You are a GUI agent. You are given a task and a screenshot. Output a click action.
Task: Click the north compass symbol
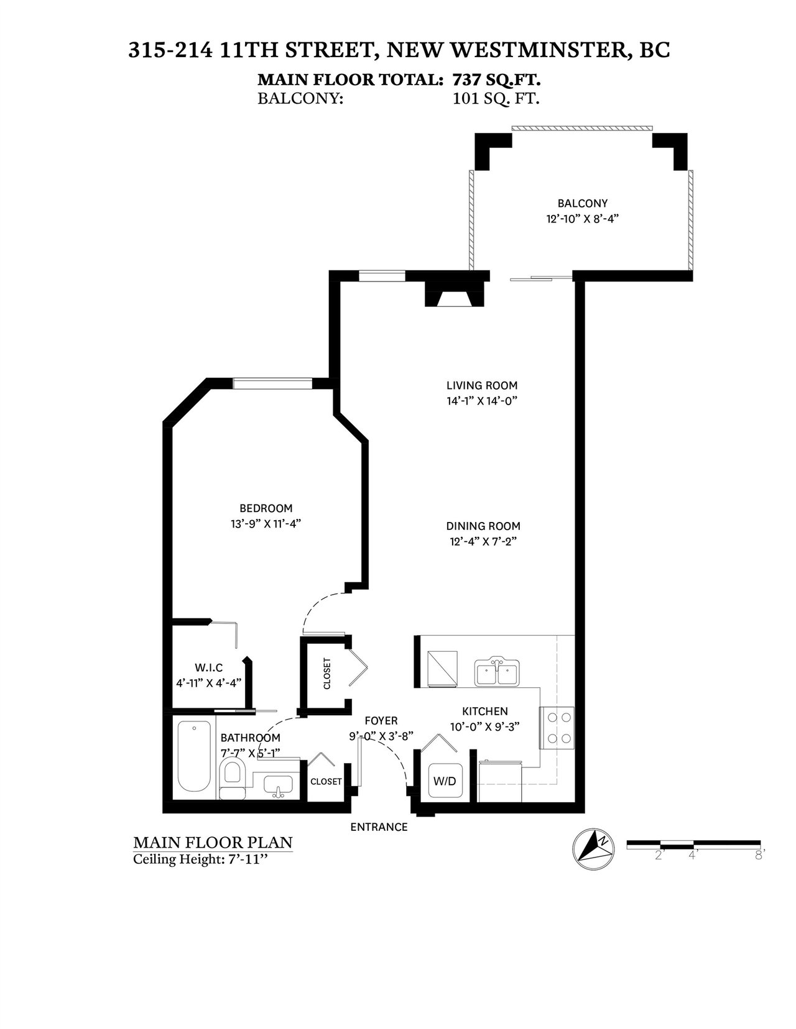pyautogui.click(x=593, y=849)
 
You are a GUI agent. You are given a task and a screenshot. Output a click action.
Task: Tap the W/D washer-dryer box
pyautogui.click(x=445, y=781)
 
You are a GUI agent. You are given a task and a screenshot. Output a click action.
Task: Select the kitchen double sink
pyautogui.click(x=496, y=672)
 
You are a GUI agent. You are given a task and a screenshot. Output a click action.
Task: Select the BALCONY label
pyautogui.click(x=582, y=204)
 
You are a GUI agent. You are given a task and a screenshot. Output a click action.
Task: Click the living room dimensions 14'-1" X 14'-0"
pyautogui.click(x=481, y=401)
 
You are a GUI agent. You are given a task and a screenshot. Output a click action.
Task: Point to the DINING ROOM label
pyautogui.click(x=483, y=526)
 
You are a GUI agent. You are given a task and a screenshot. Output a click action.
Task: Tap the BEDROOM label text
pyautogui.click(x=266, y=508)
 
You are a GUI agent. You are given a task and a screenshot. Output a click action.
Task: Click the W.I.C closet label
pyautogui.click(x=209, y=668)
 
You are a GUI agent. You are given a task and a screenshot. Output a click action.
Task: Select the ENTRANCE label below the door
pyautogui.click(x=379, y=827)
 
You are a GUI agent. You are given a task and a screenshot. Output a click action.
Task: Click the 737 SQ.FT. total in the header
pyautogui.click(x=496, y=80)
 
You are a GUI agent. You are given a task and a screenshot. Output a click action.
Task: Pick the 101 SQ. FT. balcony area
pyautogui.click(x=496, y=99)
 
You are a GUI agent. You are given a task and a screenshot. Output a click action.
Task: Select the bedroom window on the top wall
pyautogui.click(x=272, y=383)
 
